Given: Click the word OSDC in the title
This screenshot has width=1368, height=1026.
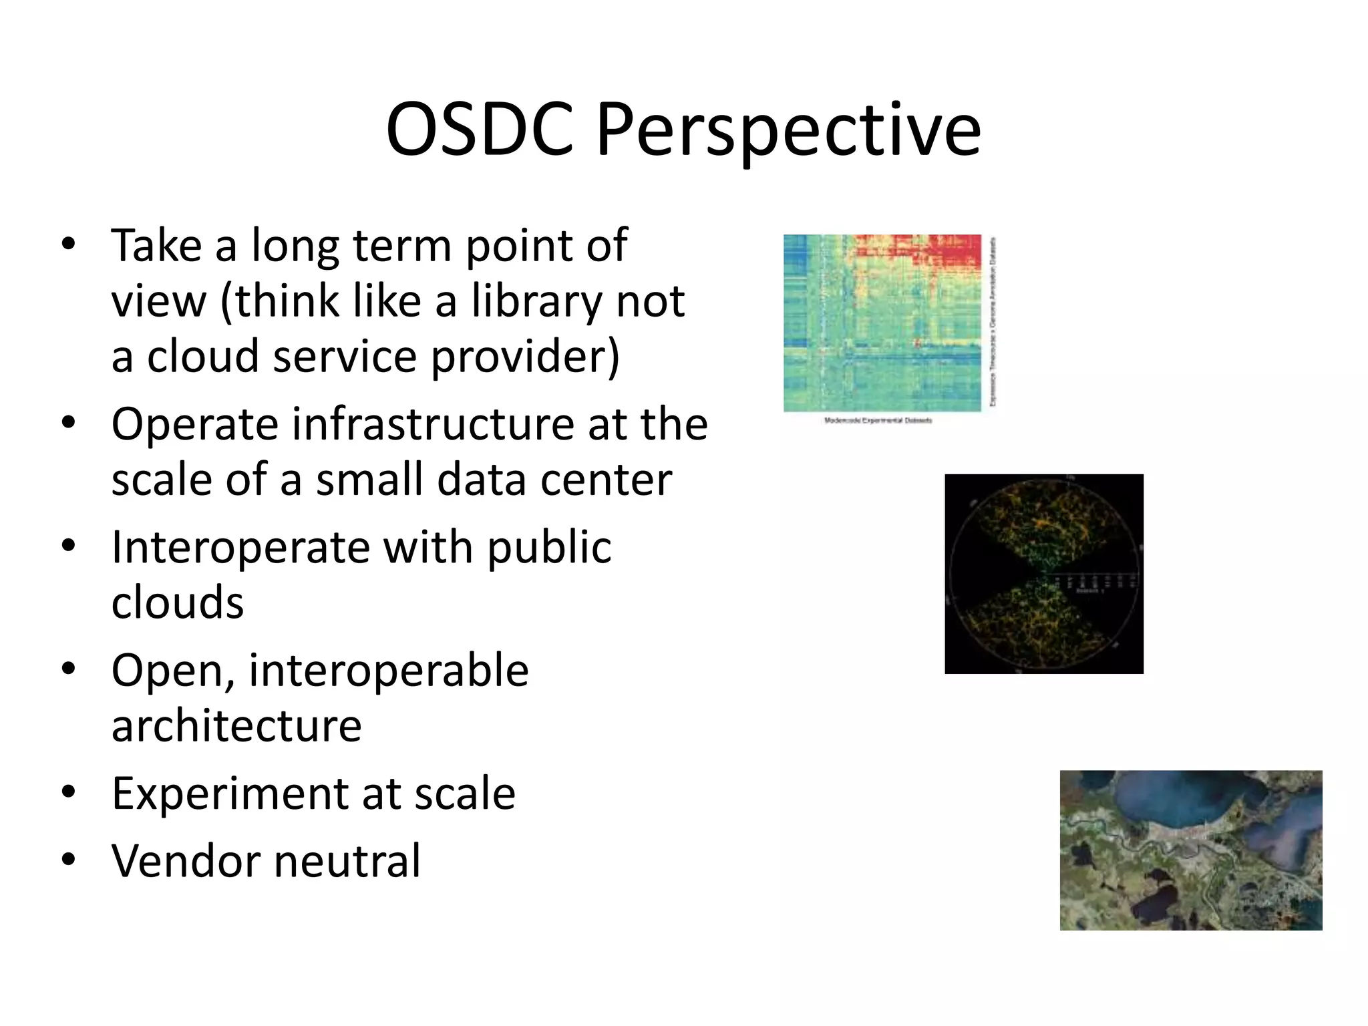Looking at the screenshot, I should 480,130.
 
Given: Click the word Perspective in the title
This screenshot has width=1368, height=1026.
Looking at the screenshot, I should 788,132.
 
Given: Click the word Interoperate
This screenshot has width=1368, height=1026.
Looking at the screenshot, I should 240,548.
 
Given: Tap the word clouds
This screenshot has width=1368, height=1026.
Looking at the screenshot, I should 178,603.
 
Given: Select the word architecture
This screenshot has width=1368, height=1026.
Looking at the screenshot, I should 236,726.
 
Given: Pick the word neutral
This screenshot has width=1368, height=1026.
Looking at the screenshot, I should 347,862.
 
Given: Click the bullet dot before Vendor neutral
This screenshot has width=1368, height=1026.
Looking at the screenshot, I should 68,860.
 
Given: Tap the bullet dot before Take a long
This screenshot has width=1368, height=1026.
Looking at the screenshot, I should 68,244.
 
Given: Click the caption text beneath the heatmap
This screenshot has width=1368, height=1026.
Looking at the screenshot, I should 878,421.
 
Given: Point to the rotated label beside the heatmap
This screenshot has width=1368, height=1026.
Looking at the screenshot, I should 993,322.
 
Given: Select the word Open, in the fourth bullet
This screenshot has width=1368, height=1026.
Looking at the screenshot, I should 173,671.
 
